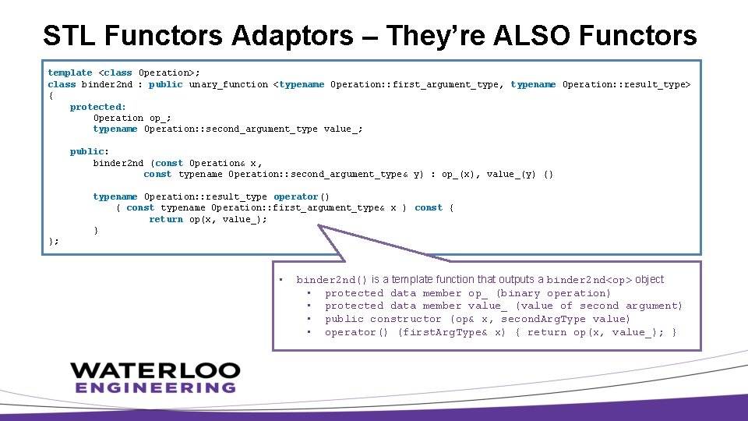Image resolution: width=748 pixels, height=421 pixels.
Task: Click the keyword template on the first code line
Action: [70, 73]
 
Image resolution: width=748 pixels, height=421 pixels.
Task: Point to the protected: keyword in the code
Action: [98, 107]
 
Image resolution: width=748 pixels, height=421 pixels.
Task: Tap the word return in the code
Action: [166, 219]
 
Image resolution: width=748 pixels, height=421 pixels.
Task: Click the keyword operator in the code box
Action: [296, 196]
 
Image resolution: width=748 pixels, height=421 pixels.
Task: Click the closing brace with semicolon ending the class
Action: [54, 242]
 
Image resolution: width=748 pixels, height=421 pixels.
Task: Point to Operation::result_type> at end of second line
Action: [626, 84]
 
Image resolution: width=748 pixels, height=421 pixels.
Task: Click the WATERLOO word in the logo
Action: [154, 370]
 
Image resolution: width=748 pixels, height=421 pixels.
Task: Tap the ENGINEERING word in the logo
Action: [155, 387]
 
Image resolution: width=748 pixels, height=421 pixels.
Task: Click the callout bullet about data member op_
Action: [467, 293]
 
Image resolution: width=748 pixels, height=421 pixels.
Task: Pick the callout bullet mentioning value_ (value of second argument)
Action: [503, 306]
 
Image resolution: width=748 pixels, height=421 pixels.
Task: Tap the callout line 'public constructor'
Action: [477, 319]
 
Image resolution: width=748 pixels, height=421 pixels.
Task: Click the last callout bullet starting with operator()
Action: [500, 332]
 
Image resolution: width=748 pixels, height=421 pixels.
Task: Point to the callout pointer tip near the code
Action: [320, 227]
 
